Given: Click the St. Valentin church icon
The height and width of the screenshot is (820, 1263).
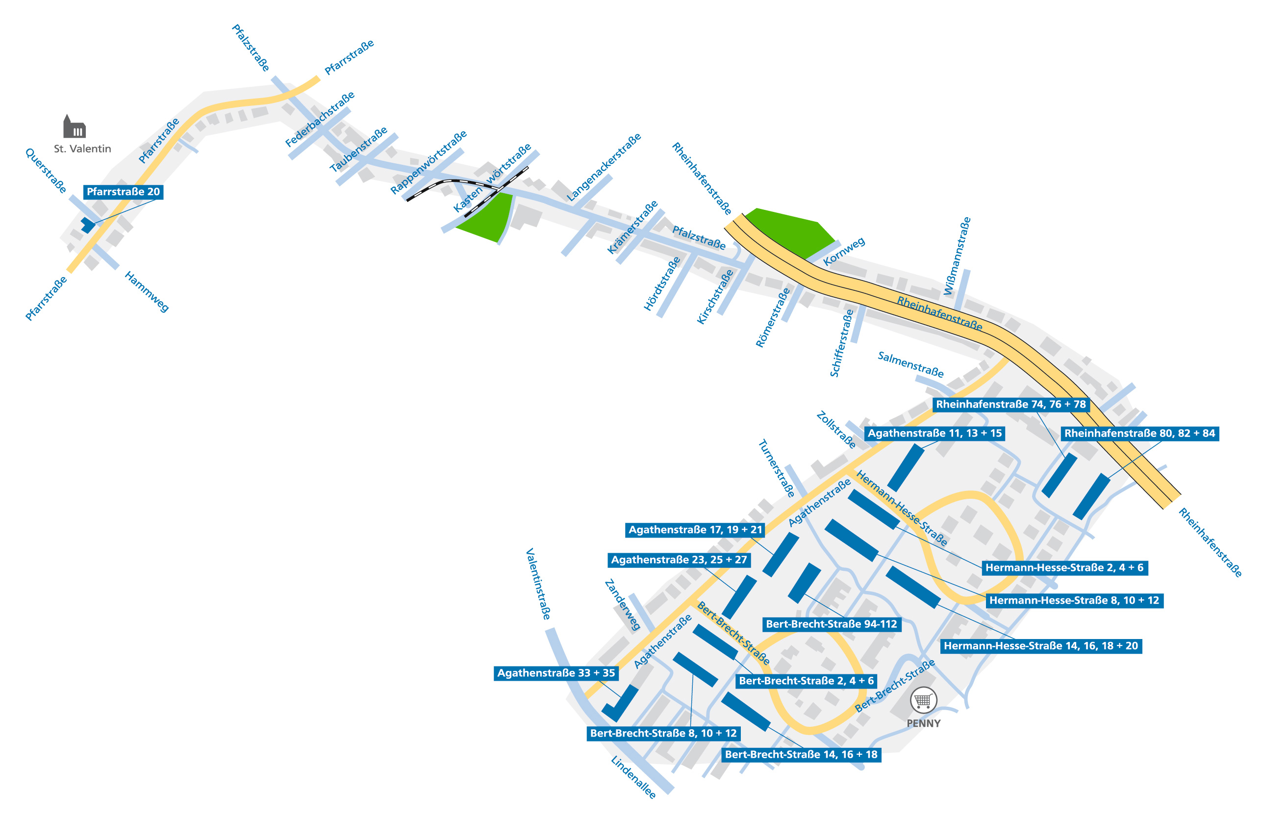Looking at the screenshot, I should coord(75,127).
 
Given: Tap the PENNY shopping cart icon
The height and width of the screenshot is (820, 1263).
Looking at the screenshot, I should coord(923,701).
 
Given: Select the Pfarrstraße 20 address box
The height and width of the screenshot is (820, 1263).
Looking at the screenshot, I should coord(123,192).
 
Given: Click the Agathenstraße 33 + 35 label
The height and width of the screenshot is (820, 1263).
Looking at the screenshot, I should coord(556,673).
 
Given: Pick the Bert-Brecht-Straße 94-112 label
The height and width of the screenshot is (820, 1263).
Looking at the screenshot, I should coord(831,624).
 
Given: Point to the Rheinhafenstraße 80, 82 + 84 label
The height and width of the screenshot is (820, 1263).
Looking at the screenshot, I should coord(1139,433).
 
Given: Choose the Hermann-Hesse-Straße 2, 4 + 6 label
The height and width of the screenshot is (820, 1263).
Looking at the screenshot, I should coord(1064,567).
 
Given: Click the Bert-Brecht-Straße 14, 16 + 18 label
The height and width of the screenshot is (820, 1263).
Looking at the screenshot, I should coord(801,754).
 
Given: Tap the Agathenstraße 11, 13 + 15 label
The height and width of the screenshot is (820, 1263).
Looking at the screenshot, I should coord(935,433).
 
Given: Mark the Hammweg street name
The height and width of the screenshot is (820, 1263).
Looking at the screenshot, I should coord(147,291).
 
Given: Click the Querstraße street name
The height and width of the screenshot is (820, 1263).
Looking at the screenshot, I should coord(46,171).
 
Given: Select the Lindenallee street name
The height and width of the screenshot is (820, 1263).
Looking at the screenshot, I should coord(633,777).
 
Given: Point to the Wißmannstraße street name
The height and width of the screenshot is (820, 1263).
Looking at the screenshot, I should coord(957,256).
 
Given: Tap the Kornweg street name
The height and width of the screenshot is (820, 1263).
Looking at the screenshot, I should coord(844,251).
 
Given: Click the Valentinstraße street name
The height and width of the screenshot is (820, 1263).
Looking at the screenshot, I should coord(538,584).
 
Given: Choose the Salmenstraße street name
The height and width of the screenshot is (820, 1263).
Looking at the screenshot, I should coord(910,364).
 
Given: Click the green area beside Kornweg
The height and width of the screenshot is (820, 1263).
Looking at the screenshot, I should coord(788,232).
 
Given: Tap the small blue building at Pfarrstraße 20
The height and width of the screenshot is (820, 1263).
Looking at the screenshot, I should coord(88,225).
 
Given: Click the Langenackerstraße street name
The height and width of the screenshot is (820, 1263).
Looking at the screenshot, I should coord(604,167).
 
